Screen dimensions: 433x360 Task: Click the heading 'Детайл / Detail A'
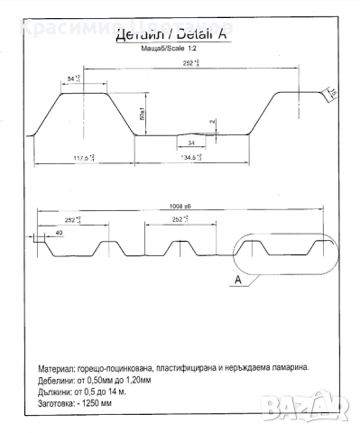point(168,36)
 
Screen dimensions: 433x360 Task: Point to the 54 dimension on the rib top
point(74,79)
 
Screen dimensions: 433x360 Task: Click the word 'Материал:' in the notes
point(60,370)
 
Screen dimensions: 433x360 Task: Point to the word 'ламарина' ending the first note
point(282,370)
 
